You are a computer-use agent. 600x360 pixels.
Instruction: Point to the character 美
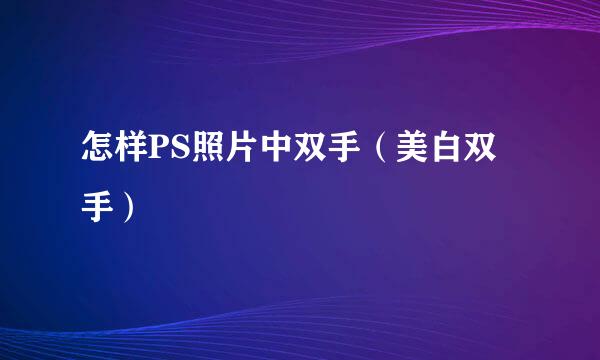[412, 147]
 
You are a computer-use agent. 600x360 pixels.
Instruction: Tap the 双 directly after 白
[480, 147]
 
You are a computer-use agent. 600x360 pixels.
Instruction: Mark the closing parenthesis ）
[128, 207]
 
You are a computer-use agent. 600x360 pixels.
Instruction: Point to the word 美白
[428, 147]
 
